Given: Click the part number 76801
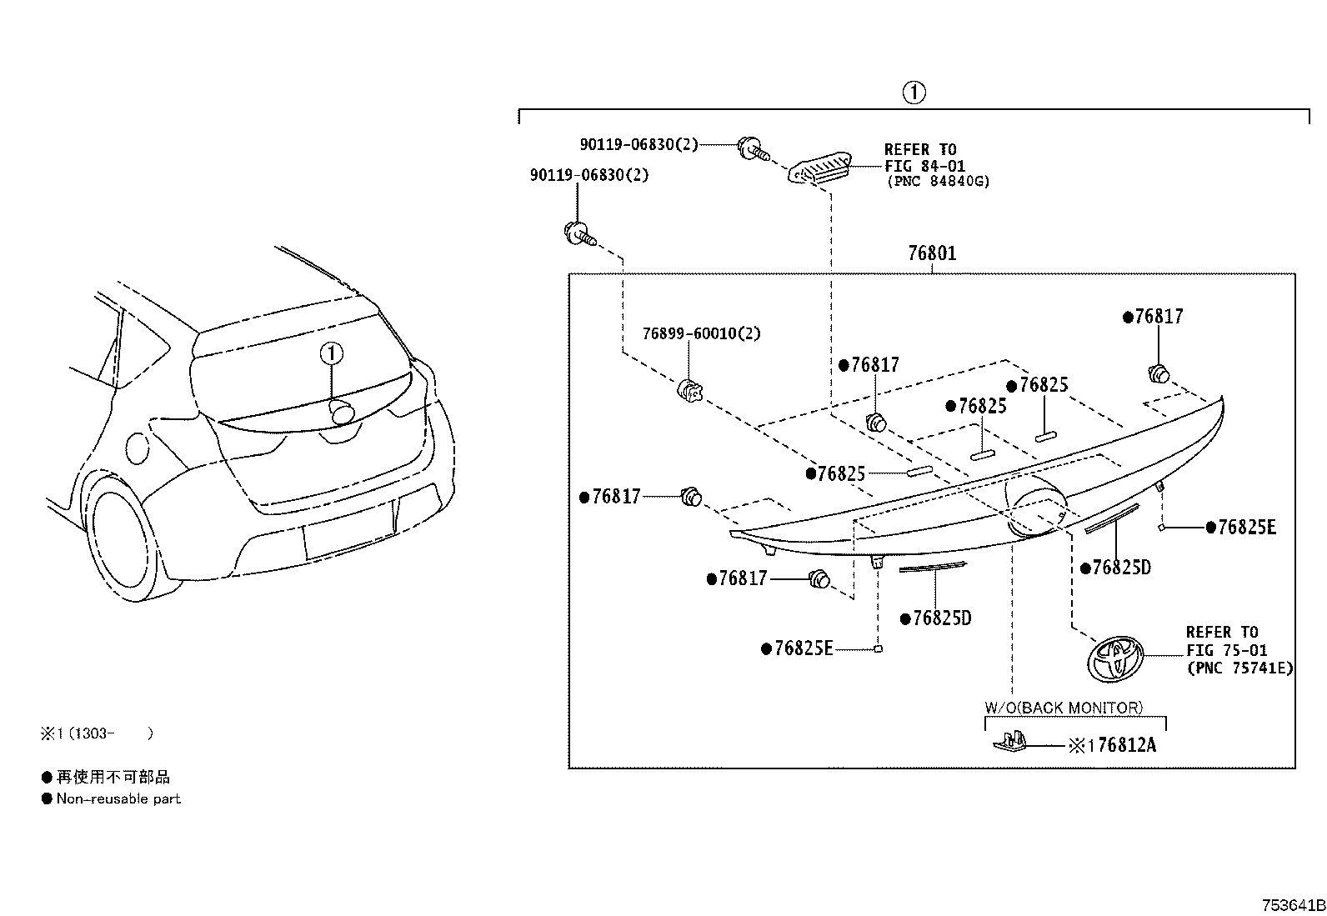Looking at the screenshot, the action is (932, 253).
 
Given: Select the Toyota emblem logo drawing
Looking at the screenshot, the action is (1114, 658).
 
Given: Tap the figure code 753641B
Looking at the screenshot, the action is (1293, 905).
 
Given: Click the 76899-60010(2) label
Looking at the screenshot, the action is (701, 333).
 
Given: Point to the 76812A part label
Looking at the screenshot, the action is (1126, 745).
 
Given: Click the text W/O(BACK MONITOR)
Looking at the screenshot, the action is (1064, 708).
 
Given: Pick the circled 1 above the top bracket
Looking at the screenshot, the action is (914, 93).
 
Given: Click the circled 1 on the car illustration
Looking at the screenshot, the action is (331, 353).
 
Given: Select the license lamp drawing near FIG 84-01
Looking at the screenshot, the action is (819, 167).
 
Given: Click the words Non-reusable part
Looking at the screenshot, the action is (118, 798).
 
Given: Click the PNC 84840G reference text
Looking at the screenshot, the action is (939, 182).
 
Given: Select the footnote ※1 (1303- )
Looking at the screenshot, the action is (98, 733).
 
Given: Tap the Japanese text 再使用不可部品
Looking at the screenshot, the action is (113, 777).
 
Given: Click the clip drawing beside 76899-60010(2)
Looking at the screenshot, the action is (689, 390).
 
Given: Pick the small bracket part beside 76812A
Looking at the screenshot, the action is (1010, 741).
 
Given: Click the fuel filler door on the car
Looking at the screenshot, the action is (138, 448).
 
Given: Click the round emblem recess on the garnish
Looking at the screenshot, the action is (1034, 505).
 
